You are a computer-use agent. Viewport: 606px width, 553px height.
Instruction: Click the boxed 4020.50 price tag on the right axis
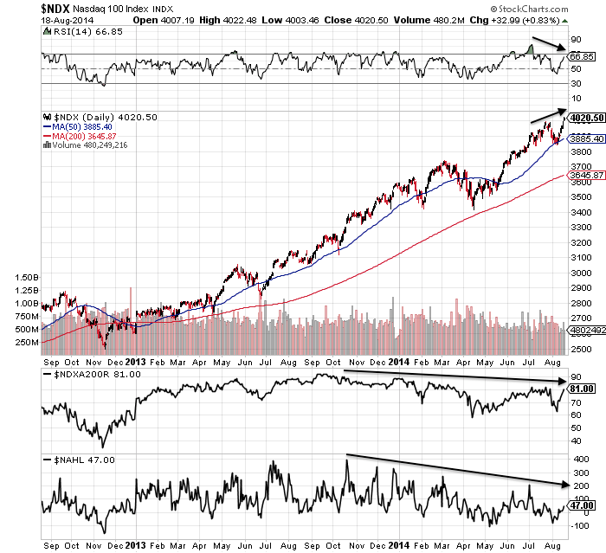[x=585, y=118]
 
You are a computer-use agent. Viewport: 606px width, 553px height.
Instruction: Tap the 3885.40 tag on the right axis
[x=585, y=138]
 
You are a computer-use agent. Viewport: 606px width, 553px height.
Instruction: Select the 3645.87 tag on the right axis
[x=585, y=176]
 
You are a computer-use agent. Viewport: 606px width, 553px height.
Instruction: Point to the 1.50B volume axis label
[x=27, y=277]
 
